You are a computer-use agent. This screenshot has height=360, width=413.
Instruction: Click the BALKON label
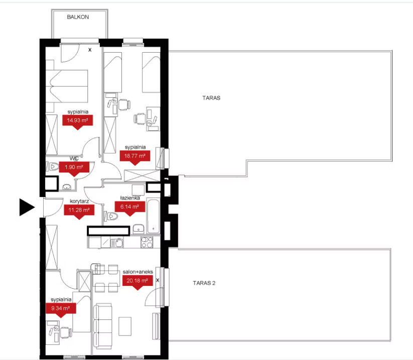[78, 17]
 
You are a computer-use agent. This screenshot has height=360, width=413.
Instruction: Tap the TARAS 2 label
[204, 283]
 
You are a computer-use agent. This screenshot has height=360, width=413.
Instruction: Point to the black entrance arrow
[27, 207]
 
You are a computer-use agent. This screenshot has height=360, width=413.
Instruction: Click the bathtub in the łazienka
[153, 217]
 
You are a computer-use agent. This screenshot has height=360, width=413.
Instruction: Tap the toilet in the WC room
[53, 166]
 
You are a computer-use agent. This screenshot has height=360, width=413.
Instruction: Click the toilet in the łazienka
[111, 216]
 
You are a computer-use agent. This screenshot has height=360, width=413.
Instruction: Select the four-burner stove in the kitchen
[147, 242]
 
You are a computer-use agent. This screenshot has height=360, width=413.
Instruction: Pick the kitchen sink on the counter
[117, 243]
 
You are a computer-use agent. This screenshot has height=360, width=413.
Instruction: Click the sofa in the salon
[103, 326]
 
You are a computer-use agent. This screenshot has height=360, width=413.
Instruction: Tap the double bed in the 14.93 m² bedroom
[67, 86]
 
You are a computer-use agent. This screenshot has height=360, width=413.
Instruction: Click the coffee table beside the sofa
[125, 326]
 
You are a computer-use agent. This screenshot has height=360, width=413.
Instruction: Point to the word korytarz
[79, 202]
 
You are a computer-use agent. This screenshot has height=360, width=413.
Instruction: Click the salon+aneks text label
[138, 272]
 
